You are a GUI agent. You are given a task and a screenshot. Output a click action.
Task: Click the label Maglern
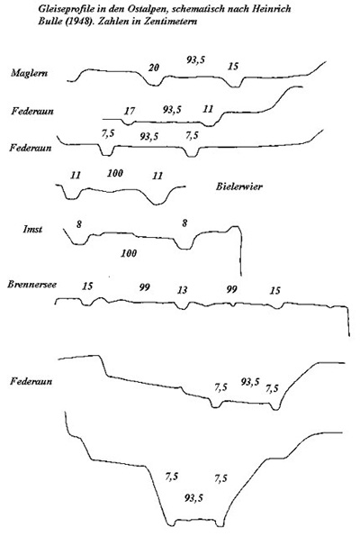point(30,73)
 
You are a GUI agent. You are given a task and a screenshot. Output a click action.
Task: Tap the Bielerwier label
point(239,186)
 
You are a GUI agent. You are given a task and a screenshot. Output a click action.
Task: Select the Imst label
point(32,229)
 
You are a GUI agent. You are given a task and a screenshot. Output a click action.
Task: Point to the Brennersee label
point(32,285)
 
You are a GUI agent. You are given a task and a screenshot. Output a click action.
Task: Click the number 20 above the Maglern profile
point(154,68)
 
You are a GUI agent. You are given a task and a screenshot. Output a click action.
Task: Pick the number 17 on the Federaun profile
point(130,111)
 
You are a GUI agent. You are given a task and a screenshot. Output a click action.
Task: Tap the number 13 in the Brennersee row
point(182,290)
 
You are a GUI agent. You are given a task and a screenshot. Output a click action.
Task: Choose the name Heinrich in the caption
point(272,8)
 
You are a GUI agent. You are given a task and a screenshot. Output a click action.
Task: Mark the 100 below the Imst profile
point(129,253)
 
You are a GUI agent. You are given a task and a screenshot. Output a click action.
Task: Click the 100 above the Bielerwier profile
point(115,173)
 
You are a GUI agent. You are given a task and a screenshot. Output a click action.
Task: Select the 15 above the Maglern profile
point(233,67)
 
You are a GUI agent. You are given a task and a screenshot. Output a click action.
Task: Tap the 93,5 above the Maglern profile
point(195,60)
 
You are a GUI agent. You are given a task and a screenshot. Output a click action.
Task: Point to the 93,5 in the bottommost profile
point(193,497)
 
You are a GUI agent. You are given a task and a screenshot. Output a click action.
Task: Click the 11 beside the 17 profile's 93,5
point(208,109)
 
